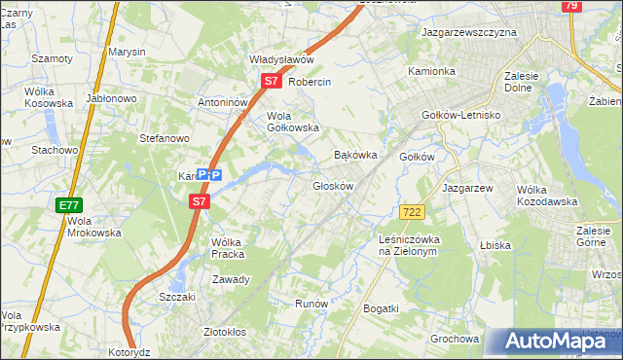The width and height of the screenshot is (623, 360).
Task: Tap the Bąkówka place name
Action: [354, 155]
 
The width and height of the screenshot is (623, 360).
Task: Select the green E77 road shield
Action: [68, 205]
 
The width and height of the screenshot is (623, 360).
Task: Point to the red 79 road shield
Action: [571, 6]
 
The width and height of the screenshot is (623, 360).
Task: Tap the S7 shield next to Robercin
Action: [273, 83]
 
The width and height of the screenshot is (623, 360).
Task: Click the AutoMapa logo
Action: [554, 341]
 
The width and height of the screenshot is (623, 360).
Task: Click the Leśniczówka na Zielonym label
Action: [410, 245]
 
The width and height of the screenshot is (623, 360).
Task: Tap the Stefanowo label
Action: [164, 139]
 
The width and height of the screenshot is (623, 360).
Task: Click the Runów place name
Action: [311, 304]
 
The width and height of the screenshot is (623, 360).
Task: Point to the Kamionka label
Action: [431, 71]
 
